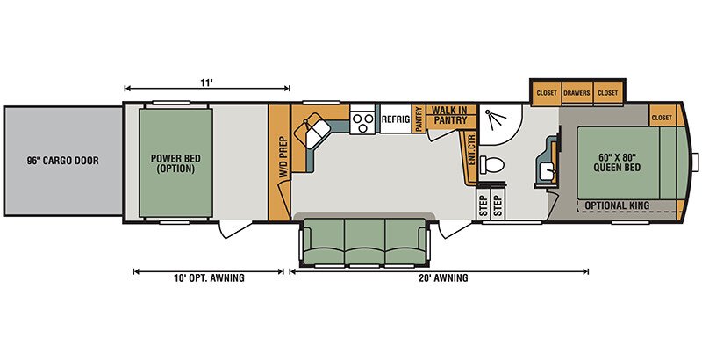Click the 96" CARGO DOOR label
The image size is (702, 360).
click(x=62, y=161)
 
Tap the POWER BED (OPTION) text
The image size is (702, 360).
click(x=175, y=163)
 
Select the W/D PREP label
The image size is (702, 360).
click(x=283, y=157)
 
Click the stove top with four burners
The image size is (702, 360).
click(x=362, y=123)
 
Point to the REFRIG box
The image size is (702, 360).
click(x=396, y=119)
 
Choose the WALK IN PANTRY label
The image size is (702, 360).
click(x=450, y=115)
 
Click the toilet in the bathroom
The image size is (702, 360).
click(x=491, y=165)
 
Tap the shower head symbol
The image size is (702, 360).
click(x=495, y=119)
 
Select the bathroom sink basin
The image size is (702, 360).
click(x=547, y=171)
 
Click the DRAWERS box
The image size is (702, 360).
click(x=577, y=93)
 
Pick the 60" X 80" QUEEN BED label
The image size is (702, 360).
click(x=617, y=162)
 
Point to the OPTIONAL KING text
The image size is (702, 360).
click(x=617, y=205)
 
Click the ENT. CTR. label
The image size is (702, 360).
click(x=471, y=148)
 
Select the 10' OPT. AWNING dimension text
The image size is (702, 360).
click(x=209, y=278)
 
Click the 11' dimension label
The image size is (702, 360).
click(x=206, y=83)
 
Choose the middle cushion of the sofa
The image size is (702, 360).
click(x=365, y=241)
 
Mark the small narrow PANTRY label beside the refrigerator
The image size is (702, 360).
click(x=419, y=119)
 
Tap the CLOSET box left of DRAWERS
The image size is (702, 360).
click(x=546, y=93)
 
